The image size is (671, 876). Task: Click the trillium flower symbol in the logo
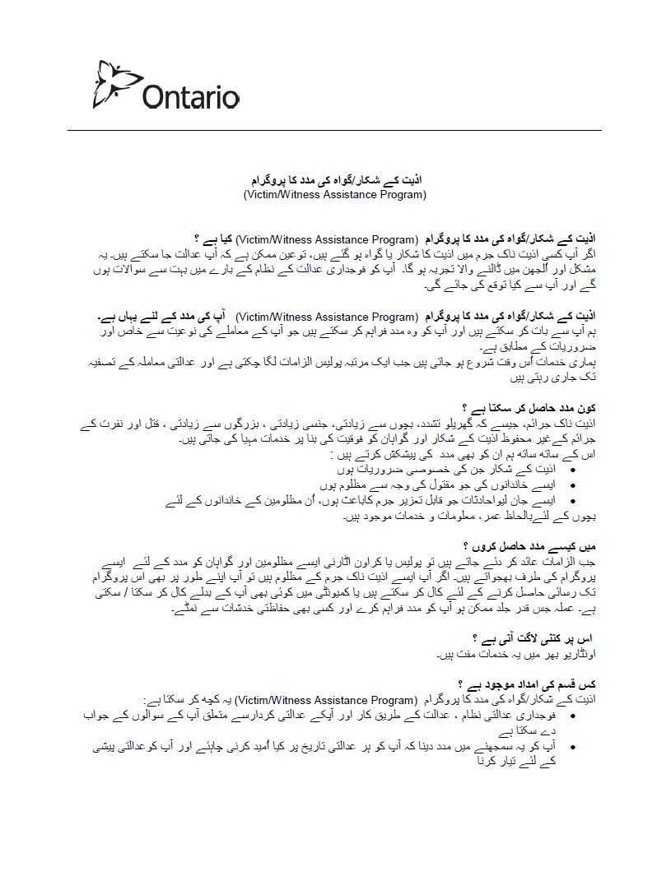(x=116, y=83)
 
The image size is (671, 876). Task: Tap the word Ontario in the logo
(x=190, y=96)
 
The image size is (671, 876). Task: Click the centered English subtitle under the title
(x=334, y=195)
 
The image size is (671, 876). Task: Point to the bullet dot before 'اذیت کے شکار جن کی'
(x=573, y=470)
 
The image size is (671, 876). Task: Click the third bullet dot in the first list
(x=573, y=500)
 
